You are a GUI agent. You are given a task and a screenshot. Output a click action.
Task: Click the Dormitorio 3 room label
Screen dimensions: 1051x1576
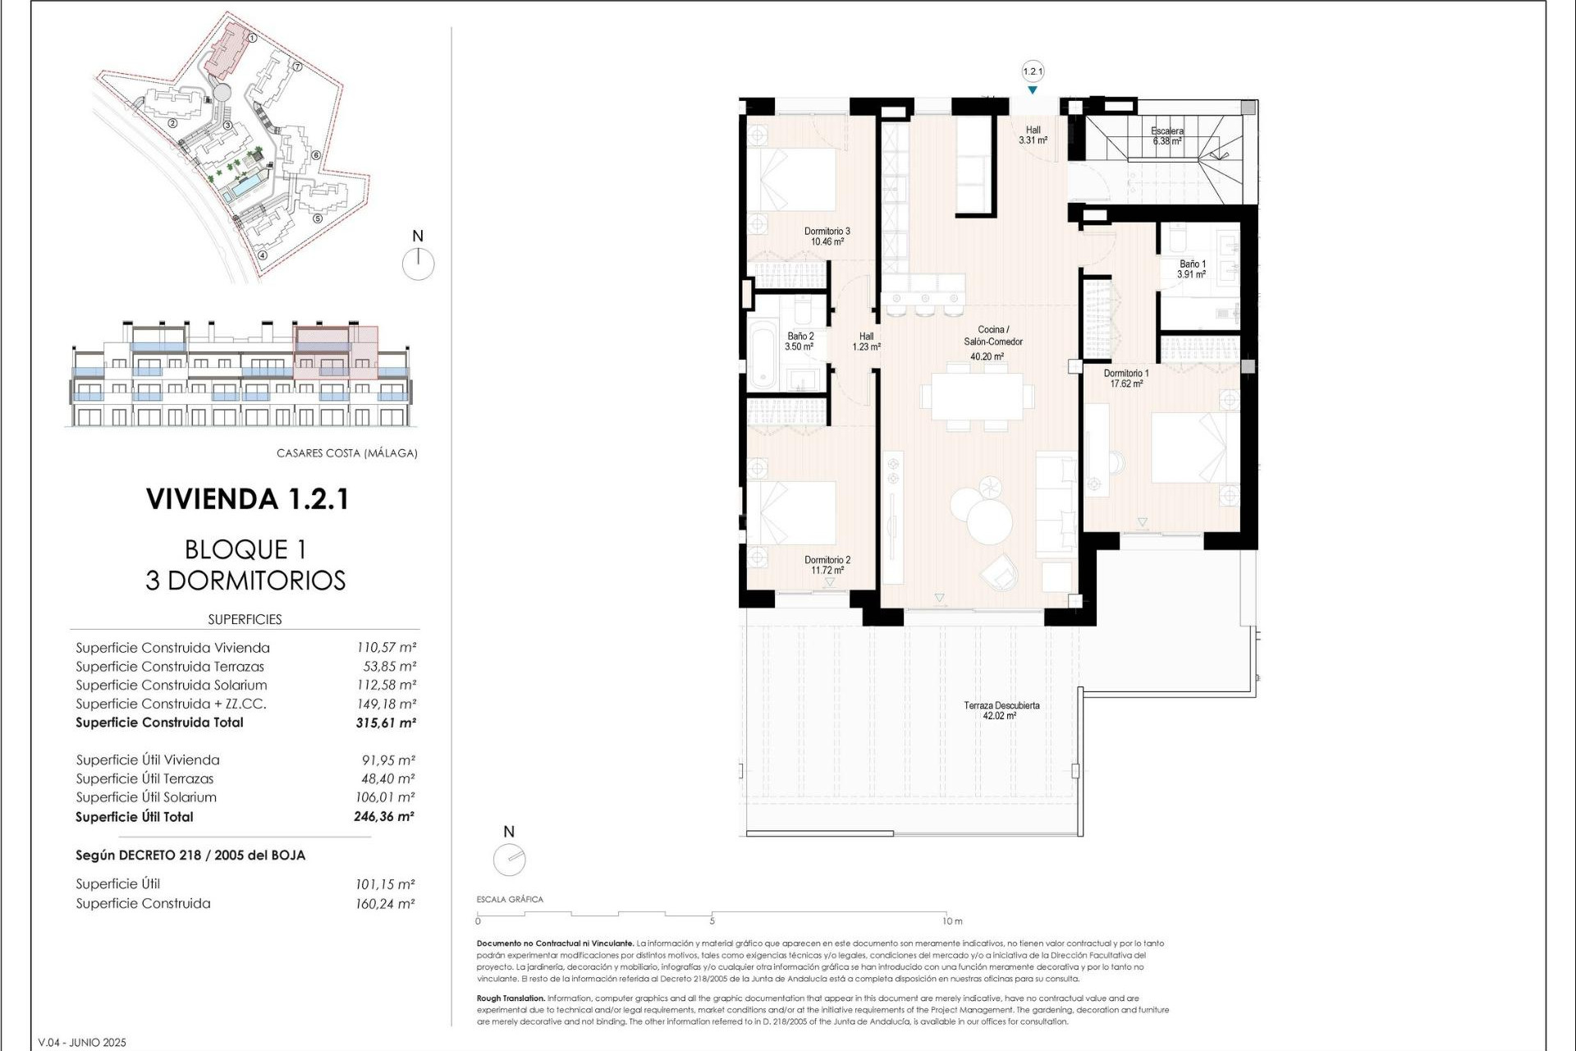[827, 236]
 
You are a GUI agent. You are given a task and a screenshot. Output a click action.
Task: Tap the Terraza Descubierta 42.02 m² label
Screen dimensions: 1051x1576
[1001, 710]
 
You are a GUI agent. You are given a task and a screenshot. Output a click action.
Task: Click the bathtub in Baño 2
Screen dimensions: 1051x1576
[762, 355]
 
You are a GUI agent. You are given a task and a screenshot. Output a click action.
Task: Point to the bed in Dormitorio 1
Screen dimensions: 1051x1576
[1194, 447]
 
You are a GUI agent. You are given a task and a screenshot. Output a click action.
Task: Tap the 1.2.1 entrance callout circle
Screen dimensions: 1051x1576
[1033, 71]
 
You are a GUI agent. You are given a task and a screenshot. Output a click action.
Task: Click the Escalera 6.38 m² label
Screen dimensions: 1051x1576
[1166, 135]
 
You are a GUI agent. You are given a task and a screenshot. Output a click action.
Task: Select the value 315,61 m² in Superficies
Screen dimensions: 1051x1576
[386, 723]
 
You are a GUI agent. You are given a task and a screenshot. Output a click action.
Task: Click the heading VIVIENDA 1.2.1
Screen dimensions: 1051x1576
[247, 499]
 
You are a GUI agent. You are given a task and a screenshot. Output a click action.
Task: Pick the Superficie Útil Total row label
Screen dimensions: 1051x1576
[135, 817]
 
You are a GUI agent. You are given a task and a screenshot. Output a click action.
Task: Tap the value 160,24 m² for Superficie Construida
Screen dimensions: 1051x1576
[385, 904]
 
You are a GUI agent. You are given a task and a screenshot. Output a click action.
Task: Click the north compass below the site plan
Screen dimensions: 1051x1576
[418, 264]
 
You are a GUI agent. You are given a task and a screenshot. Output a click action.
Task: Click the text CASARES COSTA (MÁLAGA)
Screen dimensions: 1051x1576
[346, 453]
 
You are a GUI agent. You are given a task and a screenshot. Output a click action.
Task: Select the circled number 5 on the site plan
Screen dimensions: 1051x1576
[318, 218]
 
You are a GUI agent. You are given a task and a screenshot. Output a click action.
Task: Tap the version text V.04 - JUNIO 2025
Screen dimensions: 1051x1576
[83, 1043]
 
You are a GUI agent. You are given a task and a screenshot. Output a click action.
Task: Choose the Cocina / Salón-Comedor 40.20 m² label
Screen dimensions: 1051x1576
[992, 342]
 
